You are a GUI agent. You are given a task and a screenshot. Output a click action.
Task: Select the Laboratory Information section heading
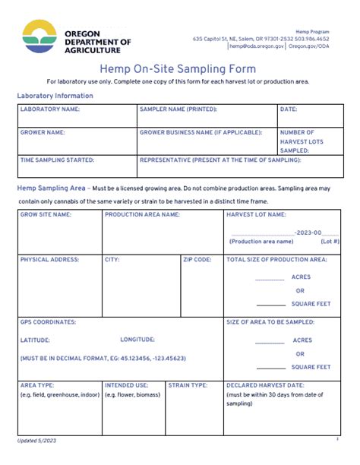pyautogui.click(x=55, y=96)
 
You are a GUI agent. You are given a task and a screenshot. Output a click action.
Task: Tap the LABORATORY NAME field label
pyautogui.click(x=49, y=109)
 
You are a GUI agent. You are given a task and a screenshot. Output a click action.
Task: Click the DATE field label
pyautogui.click(x=289, y=109)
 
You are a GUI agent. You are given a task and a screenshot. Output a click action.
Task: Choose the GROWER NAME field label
pyautogui.click(x=43, y=132)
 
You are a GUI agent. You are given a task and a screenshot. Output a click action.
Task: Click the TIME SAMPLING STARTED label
pyautogui.click(x=57, y=160)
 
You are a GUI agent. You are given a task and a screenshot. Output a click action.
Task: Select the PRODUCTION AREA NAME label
pyautogui.click(x=142, y=215)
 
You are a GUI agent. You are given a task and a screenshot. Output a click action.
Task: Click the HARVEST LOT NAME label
pyautogui.click(x=256, y=215)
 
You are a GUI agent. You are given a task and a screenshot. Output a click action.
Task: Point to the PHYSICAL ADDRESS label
pyautogui.click(x=49, y=260)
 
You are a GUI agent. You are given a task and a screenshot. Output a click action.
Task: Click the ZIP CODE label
pyautogui.click(x=197, y=260)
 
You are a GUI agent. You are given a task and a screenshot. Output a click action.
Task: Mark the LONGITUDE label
pyautogui.click(x=137, y=340)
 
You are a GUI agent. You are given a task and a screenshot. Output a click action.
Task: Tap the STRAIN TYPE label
pyautogui.click(x=188, y=385)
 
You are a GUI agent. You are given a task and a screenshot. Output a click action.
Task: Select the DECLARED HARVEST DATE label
pyautogui.click(x=270, y=385)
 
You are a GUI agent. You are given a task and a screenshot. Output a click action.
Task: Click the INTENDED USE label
pyautogui.click(x=127, y=385)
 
